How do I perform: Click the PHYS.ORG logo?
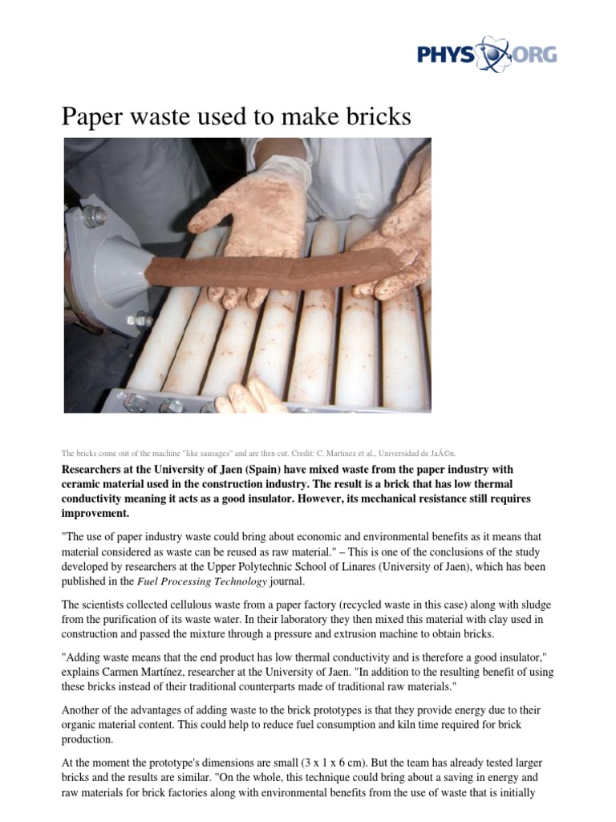(x=486, y=55)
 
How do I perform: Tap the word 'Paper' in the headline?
(x=93, y=117)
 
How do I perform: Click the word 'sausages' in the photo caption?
(x=222, y=453)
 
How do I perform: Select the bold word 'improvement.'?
(x=94, y=513)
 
